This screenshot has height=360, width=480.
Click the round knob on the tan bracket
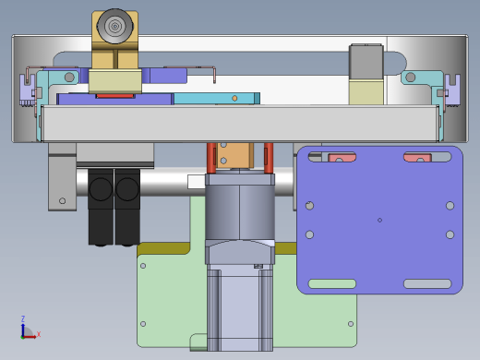coord(114,26)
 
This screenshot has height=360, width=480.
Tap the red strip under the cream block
coord(115,96)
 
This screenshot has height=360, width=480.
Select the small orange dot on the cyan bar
coord(234,98)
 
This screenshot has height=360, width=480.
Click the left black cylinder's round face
coord(101,189)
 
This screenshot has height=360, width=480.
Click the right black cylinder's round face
coord(127,189)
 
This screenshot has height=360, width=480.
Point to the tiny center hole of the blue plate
coord(379,220)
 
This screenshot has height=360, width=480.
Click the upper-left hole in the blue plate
coord(309,206)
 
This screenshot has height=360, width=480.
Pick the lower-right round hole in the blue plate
coord(450,234)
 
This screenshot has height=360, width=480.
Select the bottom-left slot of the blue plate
coord(332,283)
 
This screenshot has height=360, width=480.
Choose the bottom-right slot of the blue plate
coord(427,283)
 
